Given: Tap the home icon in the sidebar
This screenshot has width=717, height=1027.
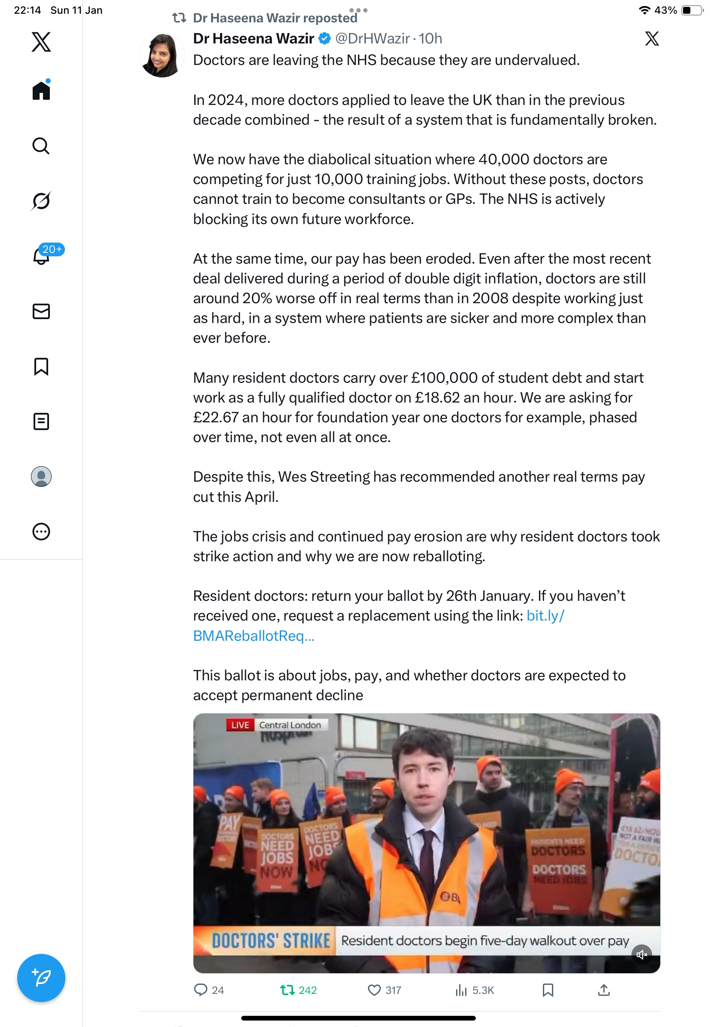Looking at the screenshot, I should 41,90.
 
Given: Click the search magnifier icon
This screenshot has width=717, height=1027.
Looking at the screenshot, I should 41,146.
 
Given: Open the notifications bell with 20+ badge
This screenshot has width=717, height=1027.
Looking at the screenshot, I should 42,256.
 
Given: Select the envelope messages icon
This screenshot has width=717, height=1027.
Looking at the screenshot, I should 41,311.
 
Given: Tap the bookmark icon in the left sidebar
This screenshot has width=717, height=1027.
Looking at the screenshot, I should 41,366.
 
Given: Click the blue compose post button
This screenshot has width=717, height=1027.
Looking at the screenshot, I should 41,978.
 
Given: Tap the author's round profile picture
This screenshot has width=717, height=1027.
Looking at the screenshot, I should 162,55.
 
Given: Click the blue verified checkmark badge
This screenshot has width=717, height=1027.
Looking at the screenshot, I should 325,39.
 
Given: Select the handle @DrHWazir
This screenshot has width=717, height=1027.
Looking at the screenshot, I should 372,39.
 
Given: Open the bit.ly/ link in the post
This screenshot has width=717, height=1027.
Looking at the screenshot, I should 545,616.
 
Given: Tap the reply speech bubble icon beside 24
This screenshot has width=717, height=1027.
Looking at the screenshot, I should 201,990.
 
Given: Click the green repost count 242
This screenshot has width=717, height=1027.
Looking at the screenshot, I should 307,990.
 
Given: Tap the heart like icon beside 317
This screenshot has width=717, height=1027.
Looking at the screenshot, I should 374,990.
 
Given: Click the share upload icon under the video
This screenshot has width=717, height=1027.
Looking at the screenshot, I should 604,990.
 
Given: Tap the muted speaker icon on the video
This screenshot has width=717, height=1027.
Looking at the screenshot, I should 642,955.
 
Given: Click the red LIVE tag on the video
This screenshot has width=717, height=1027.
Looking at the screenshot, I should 240,725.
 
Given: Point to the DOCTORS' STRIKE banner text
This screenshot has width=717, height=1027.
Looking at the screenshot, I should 271,941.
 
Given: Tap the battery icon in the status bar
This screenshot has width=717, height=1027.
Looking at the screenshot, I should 692,10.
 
